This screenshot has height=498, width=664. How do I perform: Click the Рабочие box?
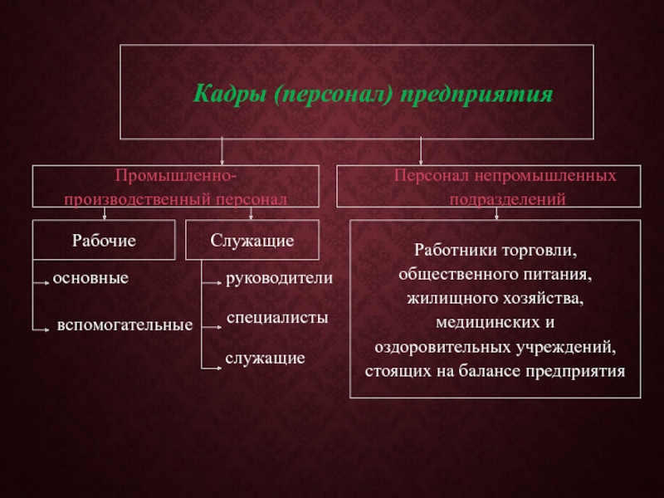click(x=104, y=240)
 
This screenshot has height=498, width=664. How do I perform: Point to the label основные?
click(x=90, y=278)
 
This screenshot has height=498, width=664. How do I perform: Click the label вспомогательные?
click(x=124, y=325)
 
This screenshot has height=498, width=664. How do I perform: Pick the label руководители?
click(x=280, y=280)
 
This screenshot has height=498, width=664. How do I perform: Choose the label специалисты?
click(x=277, y=318)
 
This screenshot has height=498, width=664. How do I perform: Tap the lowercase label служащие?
click(x=266, y=359)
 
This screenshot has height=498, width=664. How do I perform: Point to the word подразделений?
click(x=508, y=200)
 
